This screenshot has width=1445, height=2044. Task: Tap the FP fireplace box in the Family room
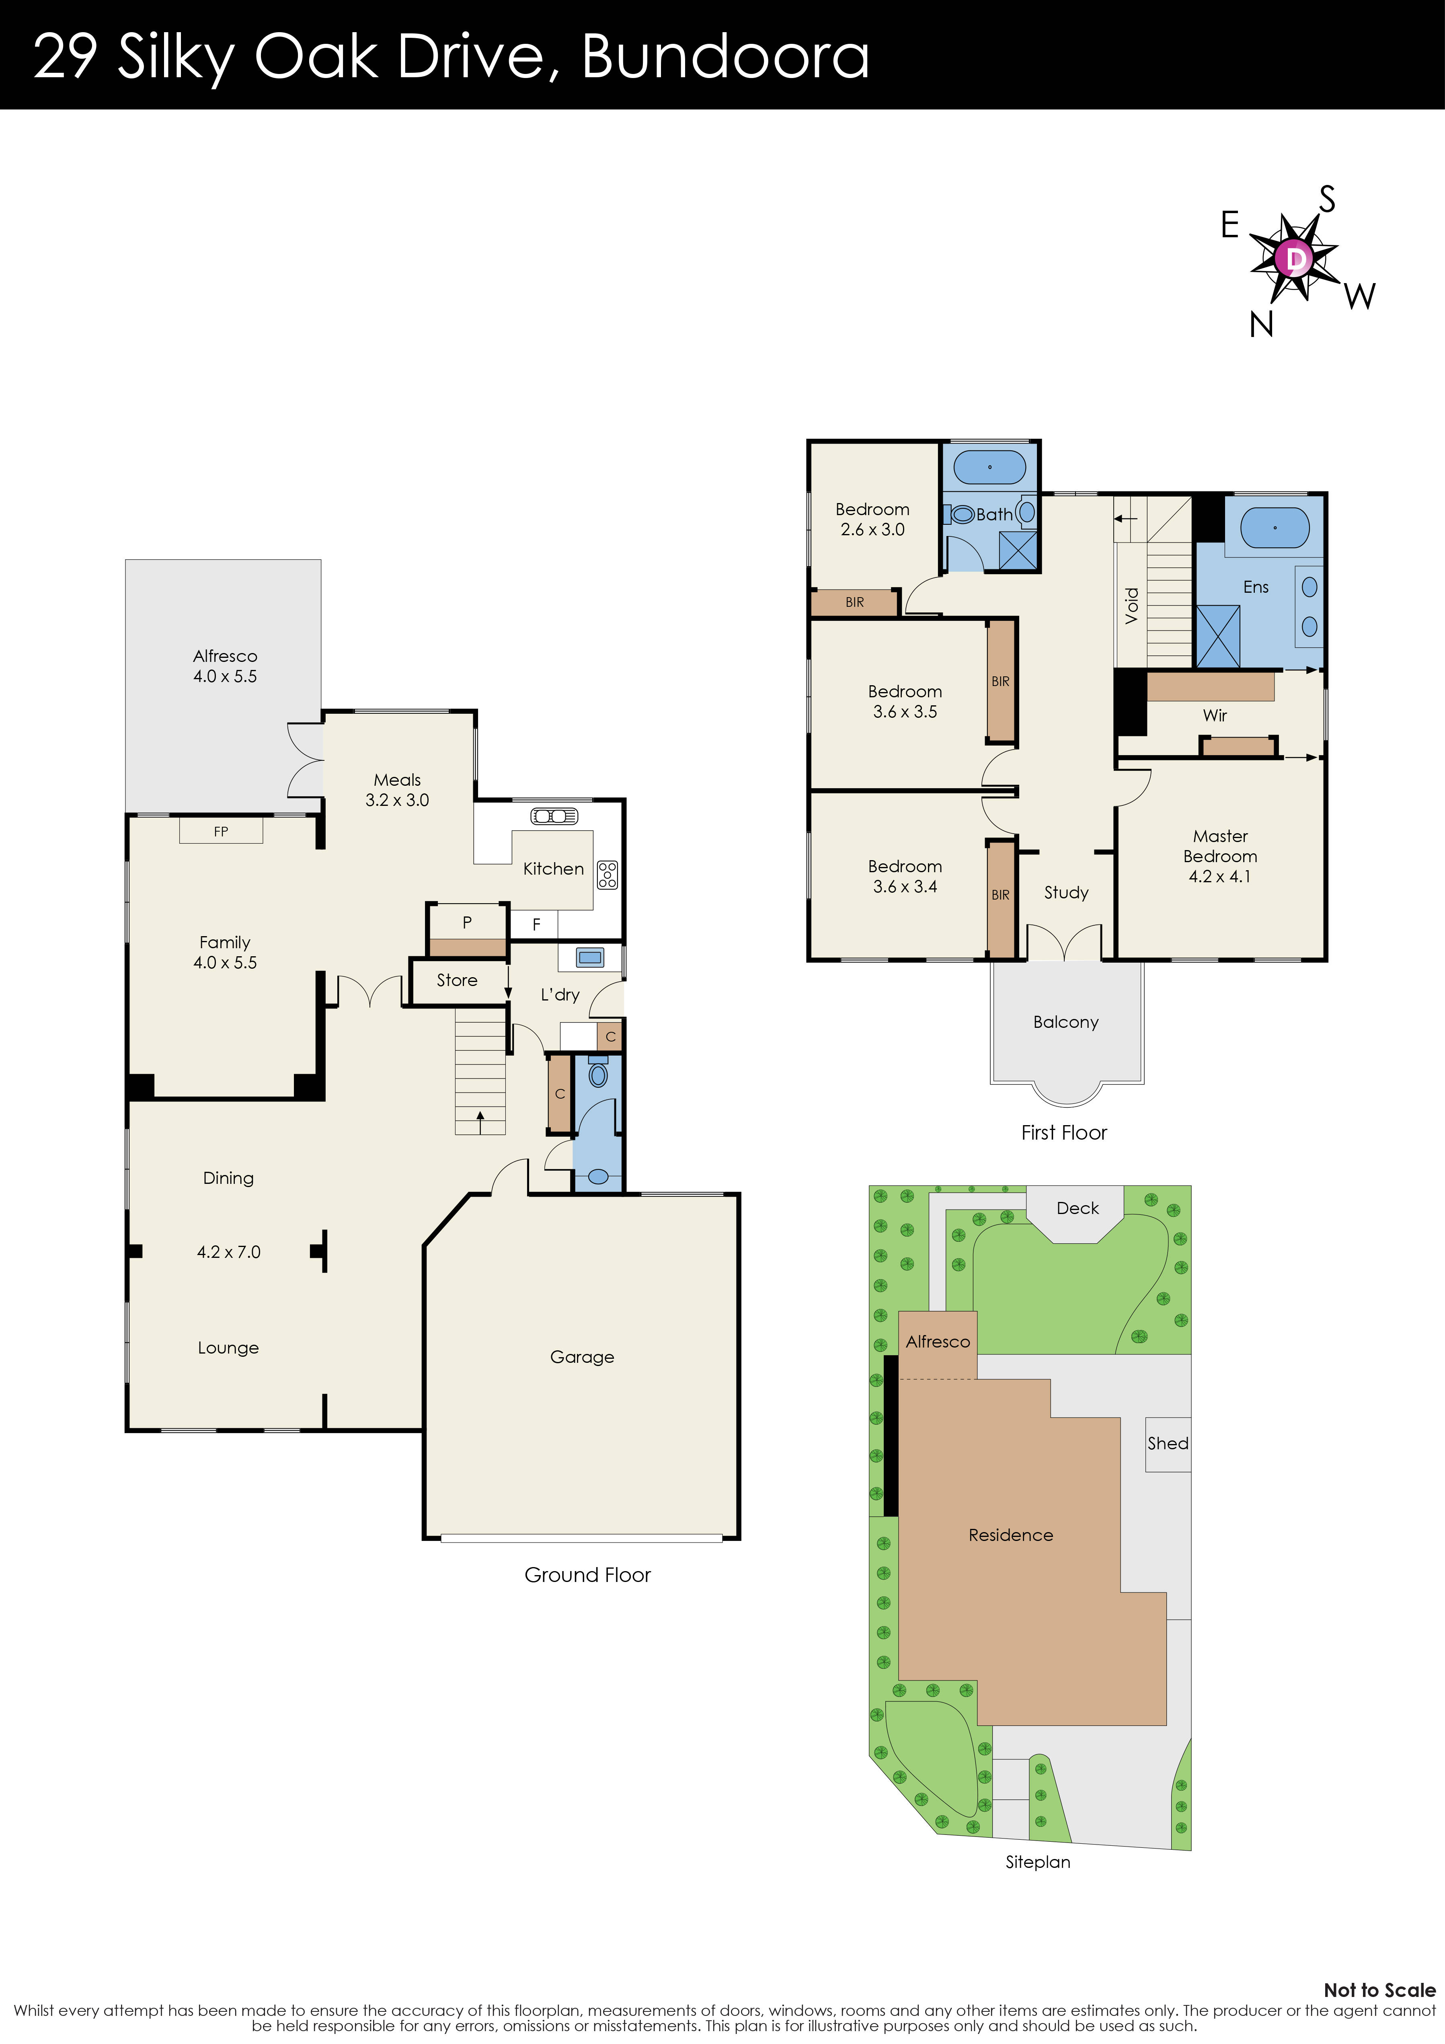click(x=221, y=831)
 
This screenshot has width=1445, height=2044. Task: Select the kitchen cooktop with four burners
click(x=607, y=874)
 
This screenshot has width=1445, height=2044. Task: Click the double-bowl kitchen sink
click(x=554, y=816)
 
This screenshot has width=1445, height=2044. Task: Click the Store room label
click(x=457, y=980)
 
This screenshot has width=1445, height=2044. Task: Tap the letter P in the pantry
click(x=466, y=922)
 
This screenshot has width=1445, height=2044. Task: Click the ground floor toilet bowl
click(x=598, y=1075)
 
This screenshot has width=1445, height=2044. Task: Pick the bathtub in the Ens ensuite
click(x=1274, y=528)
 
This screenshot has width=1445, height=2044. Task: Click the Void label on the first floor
click(x=1132, y=605)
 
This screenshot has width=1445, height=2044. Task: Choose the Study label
click(x=1066, y=892)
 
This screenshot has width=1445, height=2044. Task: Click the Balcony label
click(x=1066, y=1022)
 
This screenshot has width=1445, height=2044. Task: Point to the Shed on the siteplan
click(x=1167, y=1443)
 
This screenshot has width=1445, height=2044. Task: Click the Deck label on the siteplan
click(x=1077, y=1208)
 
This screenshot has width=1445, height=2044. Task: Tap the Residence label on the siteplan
click(x=1010, y=1535)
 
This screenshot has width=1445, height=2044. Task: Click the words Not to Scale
click(x=1379, y=1990)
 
